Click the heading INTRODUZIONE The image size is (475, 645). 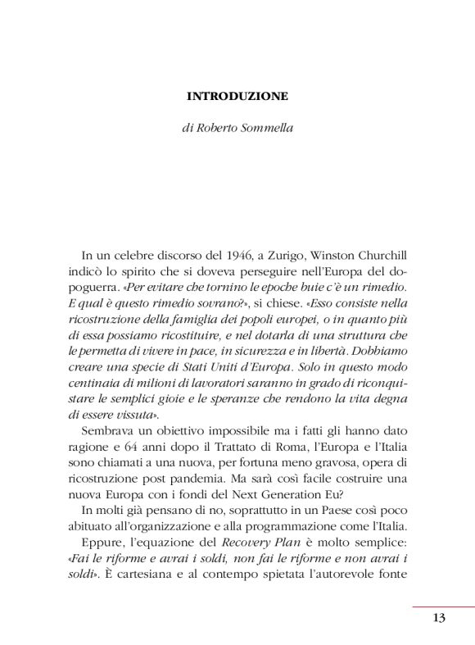[237, 96]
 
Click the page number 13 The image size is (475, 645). [439, 618]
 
